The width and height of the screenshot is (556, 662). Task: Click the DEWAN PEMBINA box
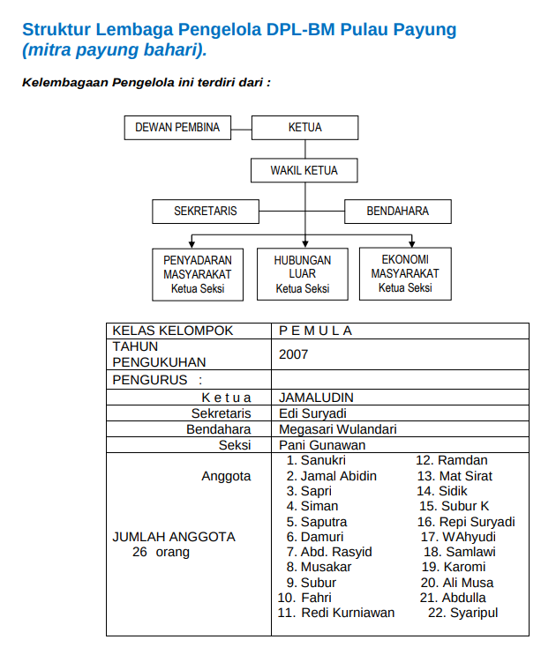tap(177, 127)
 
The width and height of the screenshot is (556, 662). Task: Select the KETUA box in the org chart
tap(304, 127)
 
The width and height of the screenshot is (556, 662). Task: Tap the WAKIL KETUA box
tap(304, 170)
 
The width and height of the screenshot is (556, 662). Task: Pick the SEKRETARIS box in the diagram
tap(205, 212)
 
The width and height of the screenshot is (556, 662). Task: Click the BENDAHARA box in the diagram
tap(398, 212)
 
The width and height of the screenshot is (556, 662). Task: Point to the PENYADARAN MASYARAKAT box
tap(198, 274)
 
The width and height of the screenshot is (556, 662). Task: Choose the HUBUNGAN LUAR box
tap(303, 274)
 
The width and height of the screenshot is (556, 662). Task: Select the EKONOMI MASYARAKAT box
tap(405, 273)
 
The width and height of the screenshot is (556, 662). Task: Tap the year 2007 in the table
tap(293, 354)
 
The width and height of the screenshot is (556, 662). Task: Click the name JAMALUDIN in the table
tap(316, 398)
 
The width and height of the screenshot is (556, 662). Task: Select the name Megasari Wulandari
tap(337, 429)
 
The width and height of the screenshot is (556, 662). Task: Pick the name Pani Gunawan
tap(321, 445)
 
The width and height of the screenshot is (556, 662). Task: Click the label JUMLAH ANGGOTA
tap(174, 536)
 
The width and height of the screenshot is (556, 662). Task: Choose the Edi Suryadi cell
tap(312, 413)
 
